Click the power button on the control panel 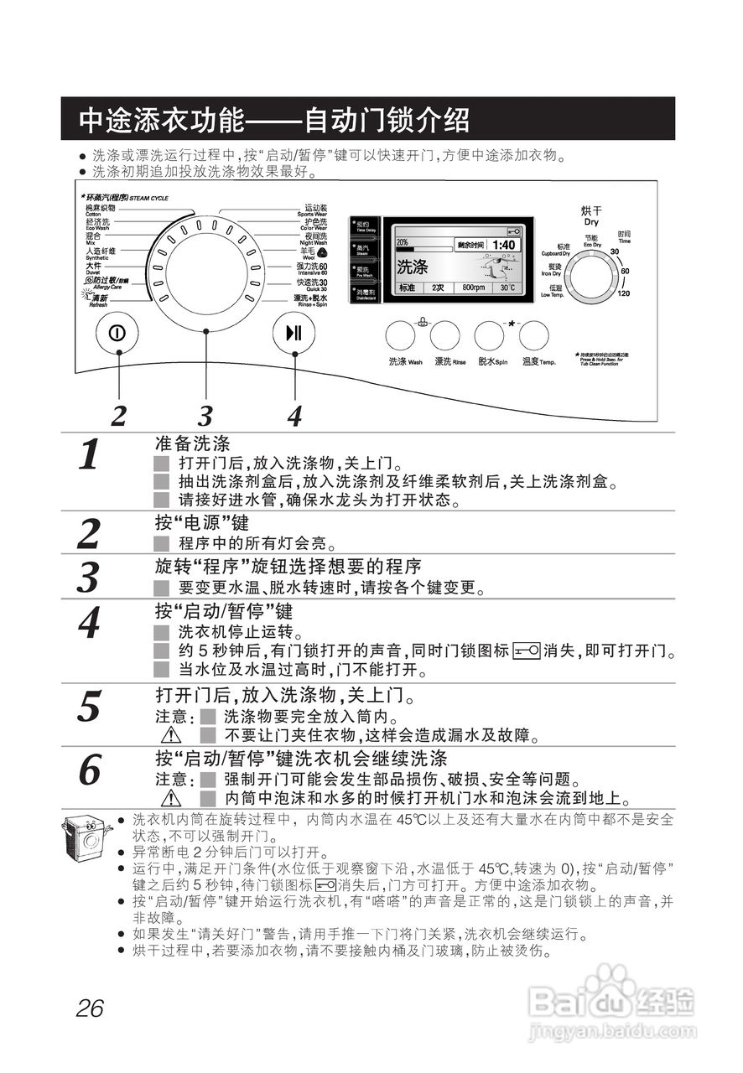point(118,332)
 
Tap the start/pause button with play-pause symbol point(294,332)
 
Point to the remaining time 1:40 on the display point(503,245)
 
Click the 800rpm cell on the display point(473,288)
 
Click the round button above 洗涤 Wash point(401,336)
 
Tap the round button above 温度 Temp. point(534,336)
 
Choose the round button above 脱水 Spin point(490,336)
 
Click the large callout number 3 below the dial point(205,415)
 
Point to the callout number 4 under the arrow point(294,415)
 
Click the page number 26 point(90,1008)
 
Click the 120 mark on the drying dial point(624,294)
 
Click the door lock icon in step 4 point(527,651)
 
